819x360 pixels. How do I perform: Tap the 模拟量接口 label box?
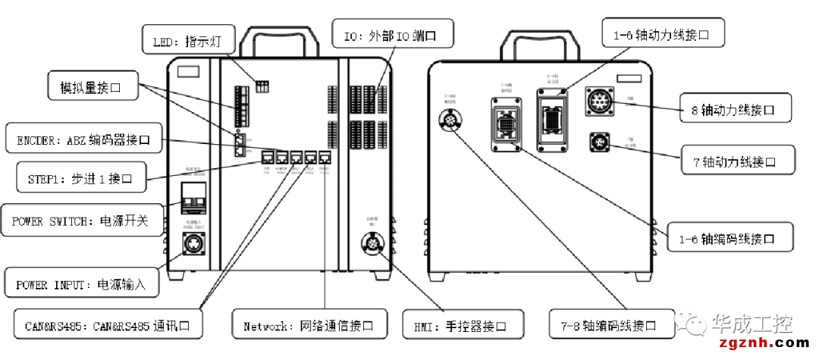[x=94, y=88]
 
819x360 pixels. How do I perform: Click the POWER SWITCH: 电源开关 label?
[x=82, y=221]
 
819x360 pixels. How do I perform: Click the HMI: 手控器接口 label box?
[x=463, y=326]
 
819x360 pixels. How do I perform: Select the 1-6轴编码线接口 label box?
[x=730, y=238]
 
